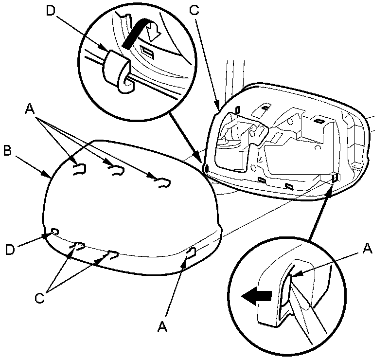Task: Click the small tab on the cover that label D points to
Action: [54, 232]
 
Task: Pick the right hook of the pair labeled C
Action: [112, 254]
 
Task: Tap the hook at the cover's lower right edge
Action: [191, 252]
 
